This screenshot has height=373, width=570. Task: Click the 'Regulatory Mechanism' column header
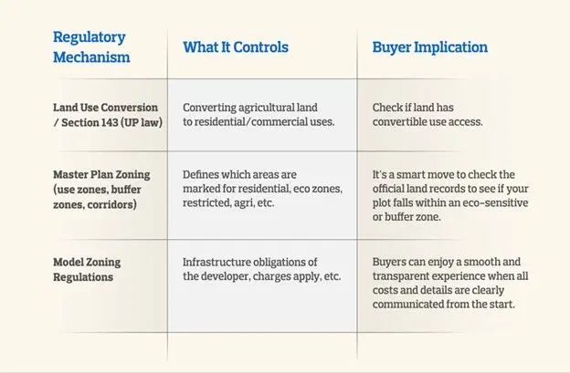pyautogui.click(x=91, y=47)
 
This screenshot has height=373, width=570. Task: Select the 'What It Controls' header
pyautogui.click(x=236, y=47)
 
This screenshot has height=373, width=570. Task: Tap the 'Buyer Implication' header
pyautogui.click(x=430, y=47)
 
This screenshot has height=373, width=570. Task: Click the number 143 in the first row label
pyautogui.click(x=110, y=122)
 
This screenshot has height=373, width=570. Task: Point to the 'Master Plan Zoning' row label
pyautogui.click(x=101, y=174)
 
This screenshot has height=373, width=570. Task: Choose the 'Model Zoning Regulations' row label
pyautogui.click(x=87, y=270)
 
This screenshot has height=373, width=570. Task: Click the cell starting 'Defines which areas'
pyautogui.click(x=262, y=189)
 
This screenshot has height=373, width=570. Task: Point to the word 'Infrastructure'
pyautogui.click(x=216, y=262)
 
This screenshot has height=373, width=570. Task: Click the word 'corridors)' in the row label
pyautogui.click(x=112, y=204)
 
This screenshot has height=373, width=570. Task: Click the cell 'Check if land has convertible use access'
pyautogui.click(x=427, y=115)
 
